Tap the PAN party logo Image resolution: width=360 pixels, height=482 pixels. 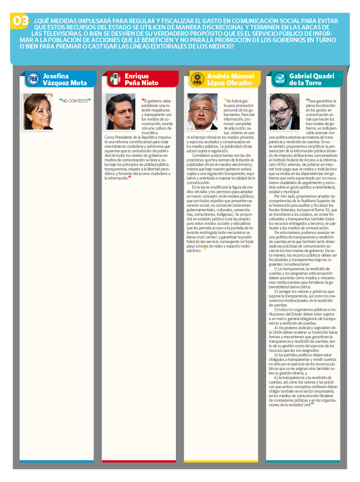point(33,79)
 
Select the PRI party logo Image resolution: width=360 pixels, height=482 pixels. point(115,79)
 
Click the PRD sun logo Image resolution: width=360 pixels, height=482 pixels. point(197,79)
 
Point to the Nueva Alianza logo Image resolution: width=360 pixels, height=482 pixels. point(279,79)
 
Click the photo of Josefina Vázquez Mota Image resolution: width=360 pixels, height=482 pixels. point(38,112)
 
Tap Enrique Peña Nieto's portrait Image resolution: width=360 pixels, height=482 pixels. point(120,112)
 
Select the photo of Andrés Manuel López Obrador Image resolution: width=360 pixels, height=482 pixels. point(202,112)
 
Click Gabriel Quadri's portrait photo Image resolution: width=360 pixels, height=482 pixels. point(284,112)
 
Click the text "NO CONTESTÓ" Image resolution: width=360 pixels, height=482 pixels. point(75,101)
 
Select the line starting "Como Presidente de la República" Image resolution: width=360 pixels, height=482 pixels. point(138,136)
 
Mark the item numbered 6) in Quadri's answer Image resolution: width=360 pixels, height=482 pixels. point(305,377)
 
